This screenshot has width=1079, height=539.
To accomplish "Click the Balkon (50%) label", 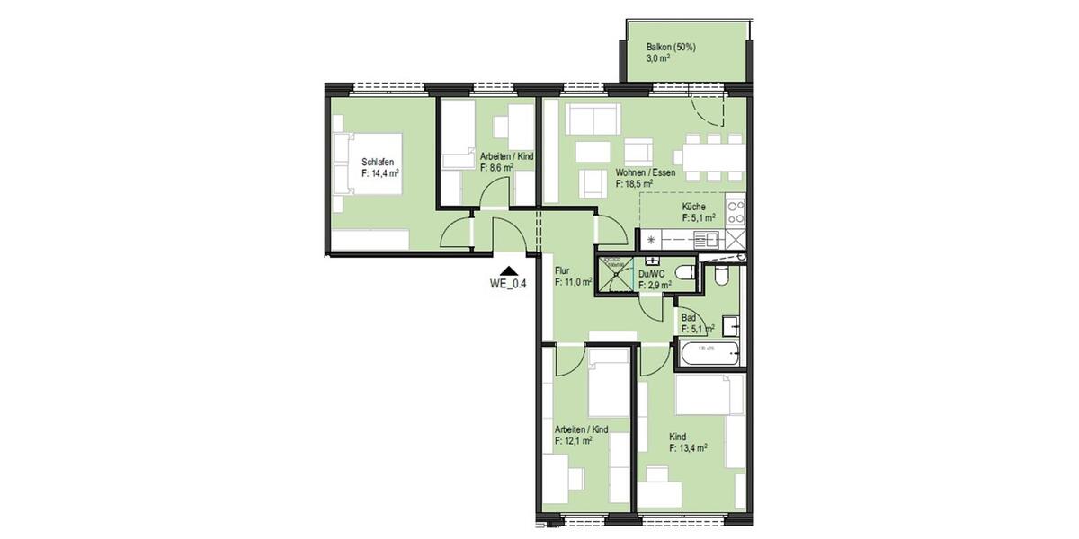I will click(x=672, y=47).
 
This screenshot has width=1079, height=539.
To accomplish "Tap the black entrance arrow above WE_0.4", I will click(x=509, y=269).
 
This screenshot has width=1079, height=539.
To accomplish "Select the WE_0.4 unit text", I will click(x=508, y=283).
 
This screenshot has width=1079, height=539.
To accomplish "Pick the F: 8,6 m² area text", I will click(x=497, y=167).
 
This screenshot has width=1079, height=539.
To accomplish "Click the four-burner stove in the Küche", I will click(x=736, y=211).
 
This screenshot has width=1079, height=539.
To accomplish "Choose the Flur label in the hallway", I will click(x=562, y=269).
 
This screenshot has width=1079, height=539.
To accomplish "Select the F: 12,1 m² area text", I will click(x=574, y=441).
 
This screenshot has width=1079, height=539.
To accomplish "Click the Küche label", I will click(x=694, y=206).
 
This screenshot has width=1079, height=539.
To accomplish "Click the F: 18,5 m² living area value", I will click(x=634, y=183).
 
